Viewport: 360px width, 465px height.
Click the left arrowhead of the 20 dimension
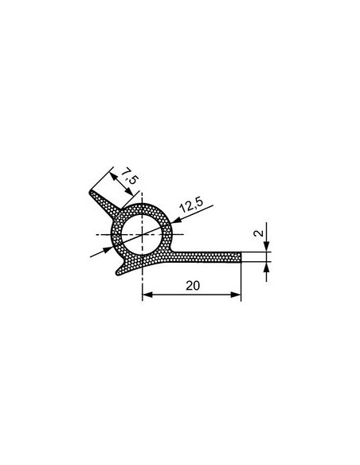tap(147, 295)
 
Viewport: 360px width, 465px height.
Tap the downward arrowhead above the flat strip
tap(266, 248)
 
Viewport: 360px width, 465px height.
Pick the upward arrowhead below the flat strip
tap(266, 264)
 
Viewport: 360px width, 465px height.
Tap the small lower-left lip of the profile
tap(119, 271)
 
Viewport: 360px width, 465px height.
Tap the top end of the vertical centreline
tap(143, 196)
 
